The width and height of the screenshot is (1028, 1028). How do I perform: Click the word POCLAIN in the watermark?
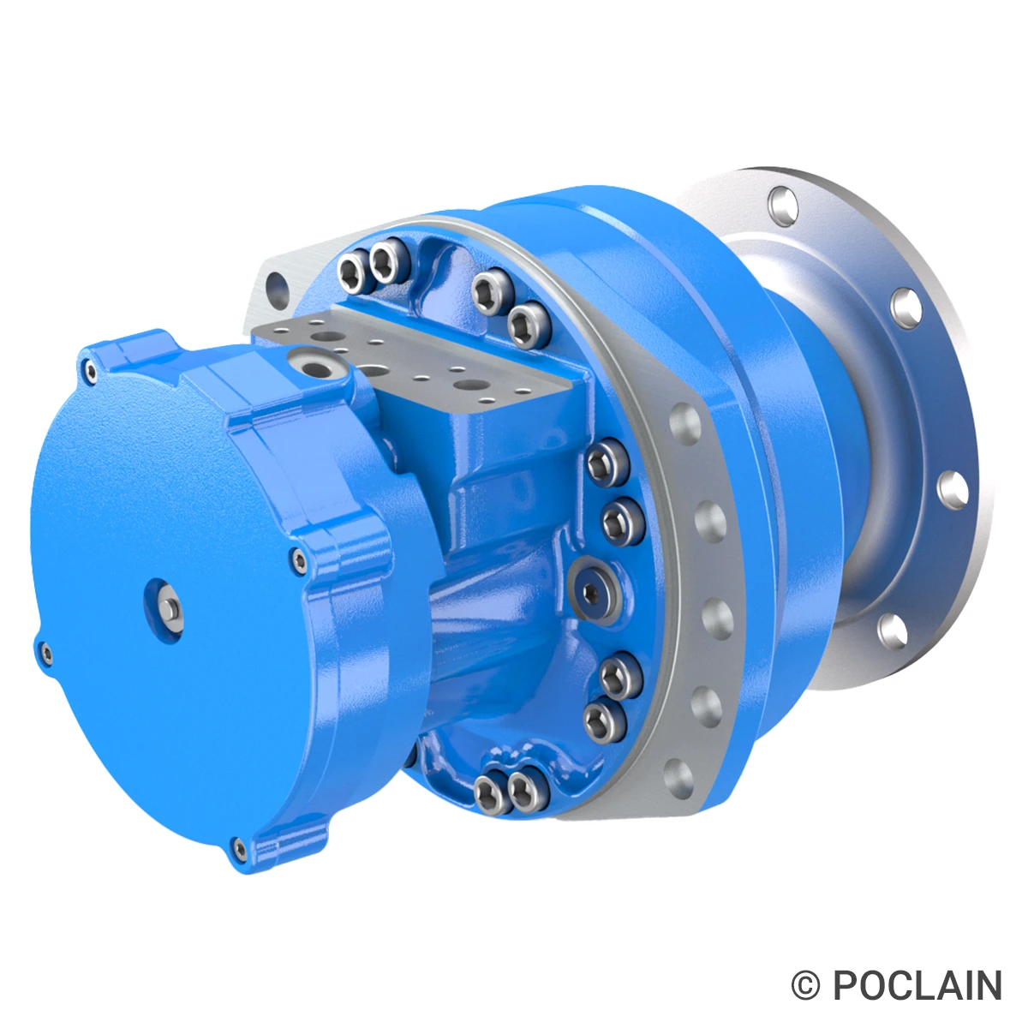click(x=917, y=985)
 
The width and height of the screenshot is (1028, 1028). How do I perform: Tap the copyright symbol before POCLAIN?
click(x=805, y=985)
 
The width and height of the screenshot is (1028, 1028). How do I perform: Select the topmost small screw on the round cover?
click(x=90, y=369)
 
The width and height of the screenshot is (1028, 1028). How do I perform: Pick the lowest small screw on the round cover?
click(x=239, y=849)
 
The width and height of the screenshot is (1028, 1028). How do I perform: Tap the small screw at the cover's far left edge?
click(x=45, y=654)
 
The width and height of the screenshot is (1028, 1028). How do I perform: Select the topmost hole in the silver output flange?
click(x=780, y=204)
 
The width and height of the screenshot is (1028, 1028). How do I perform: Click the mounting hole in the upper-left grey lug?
click(x=275, y=284)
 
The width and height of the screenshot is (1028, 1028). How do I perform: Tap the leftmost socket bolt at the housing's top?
click(x=352, y=273)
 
